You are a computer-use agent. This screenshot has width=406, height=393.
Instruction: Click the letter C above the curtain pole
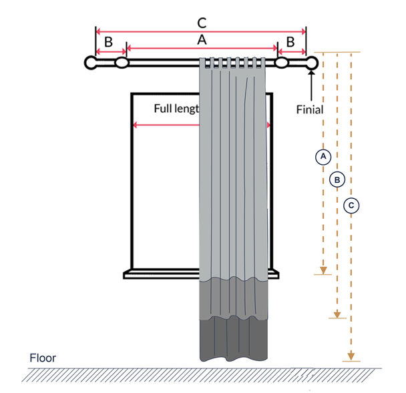point(201,23)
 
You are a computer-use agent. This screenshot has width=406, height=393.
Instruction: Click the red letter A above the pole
point(202,40)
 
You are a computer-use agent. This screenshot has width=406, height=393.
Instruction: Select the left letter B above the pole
point(108,42)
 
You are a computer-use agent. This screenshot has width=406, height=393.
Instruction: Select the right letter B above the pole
point(290,42)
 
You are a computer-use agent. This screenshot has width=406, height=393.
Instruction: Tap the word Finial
point(309,109)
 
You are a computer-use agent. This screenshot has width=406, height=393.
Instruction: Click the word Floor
point(43,358)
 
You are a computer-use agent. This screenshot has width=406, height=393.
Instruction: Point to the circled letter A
point(323,156)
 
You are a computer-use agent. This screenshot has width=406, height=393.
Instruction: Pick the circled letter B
point(337,179)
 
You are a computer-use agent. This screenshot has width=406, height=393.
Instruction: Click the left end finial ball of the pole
point(91,63)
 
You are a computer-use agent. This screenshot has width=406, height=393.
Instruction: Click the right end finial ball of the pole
point(312,63)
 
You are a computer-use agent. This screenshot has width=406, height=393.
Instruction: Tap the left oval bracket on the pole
point(122,63)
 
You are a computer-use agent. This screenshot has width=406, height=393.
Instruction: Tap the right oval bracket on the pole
point(282,63)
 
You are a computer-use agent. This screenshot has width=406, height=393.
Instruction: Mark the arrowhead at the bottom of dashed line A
point(323,270)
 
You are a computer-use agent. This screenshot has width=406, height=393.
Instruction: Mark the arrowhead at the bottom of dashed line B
point(338,314)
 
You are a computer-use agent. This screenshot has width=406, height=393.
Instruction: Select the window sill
point(160,274)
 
